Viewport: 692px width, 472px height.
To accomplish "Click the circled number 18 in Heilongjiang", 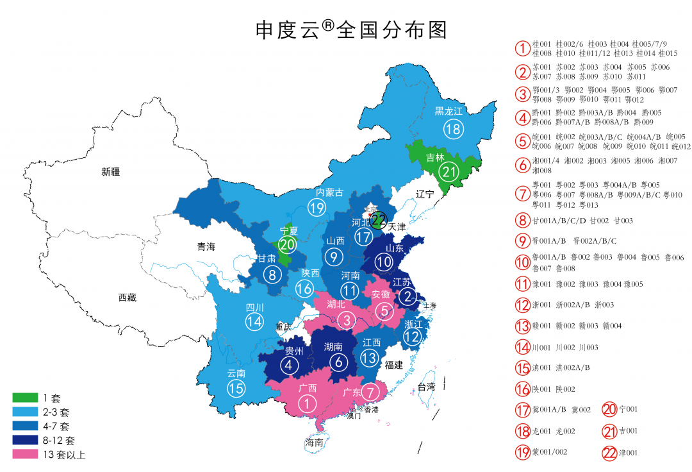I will (x=453, y=130).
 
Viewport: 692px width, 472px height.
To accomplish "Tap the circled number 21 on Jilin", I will (x=449, y=171).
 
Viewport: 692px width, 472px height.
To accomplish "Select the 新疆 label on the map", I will (x=110, y=172).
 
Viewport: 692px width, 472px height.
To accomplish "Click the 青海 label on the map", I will (x=206, y=246).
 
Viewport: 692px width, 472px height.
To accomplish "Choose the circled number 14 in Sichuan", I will (x=254, y=321).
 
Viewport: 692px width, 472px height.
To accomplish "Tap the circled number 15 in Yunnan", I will (x=236, y=387).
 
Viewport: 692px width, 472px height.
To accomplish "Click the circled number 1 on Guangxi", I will (x=308, y=403).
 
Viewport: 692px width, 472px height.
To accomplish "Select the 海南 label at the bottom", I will (x=314, y=442).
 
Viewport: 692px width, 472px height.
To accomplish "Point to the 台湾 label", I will (x=426, y=386).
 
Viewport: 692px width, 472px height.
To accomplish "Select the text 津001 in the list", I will (x=629, y=453).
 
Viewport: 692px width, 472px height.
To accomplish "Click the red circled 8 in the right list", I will (x=523, y=221).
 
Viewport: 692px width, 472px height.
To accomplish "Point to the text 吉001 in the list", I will (x=629, y=431).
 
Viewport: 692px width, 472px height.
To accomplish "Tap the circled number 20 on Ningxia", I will (x=288, y=244).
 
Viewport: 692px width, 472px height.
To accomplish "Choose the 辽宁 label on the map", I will (x=425, y=194).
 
